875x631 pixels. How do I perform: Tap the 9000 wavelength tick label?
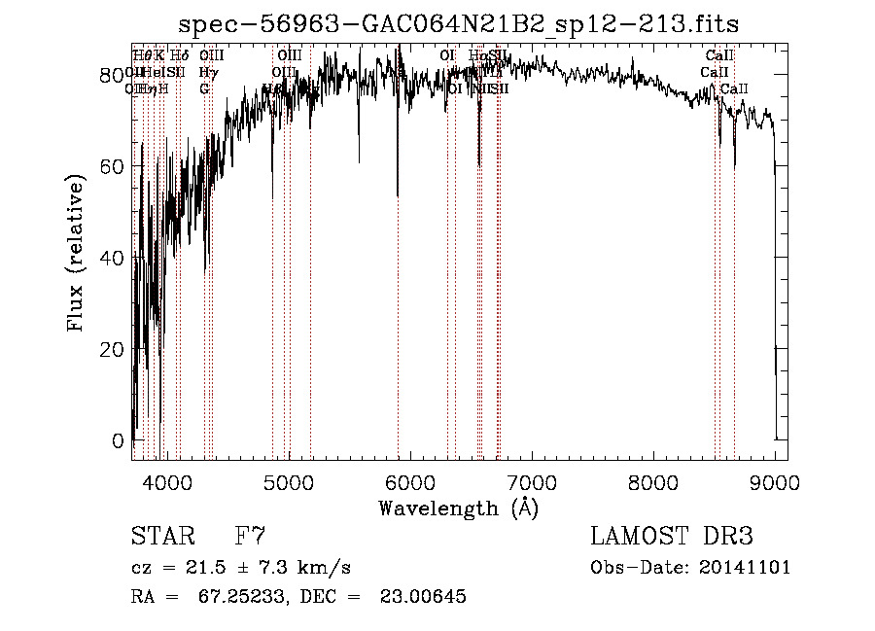774,480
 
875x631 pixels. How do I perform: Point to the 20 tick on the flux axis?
114,349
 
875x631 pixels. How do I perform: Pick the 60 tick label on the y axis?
114,166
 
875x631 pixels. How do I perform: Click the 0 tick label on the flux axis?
120,440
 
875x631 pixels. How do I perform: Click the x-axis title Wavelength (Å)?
458,508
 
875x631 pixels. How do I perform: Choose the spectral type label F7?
250,536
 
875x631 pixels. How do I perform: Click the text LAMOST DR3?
672,536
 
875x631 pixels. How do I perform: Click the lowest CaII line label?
735,88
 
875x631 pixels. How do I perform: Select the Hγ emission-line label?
207,72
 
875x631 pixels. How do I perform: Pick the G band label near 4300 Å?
204,88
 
